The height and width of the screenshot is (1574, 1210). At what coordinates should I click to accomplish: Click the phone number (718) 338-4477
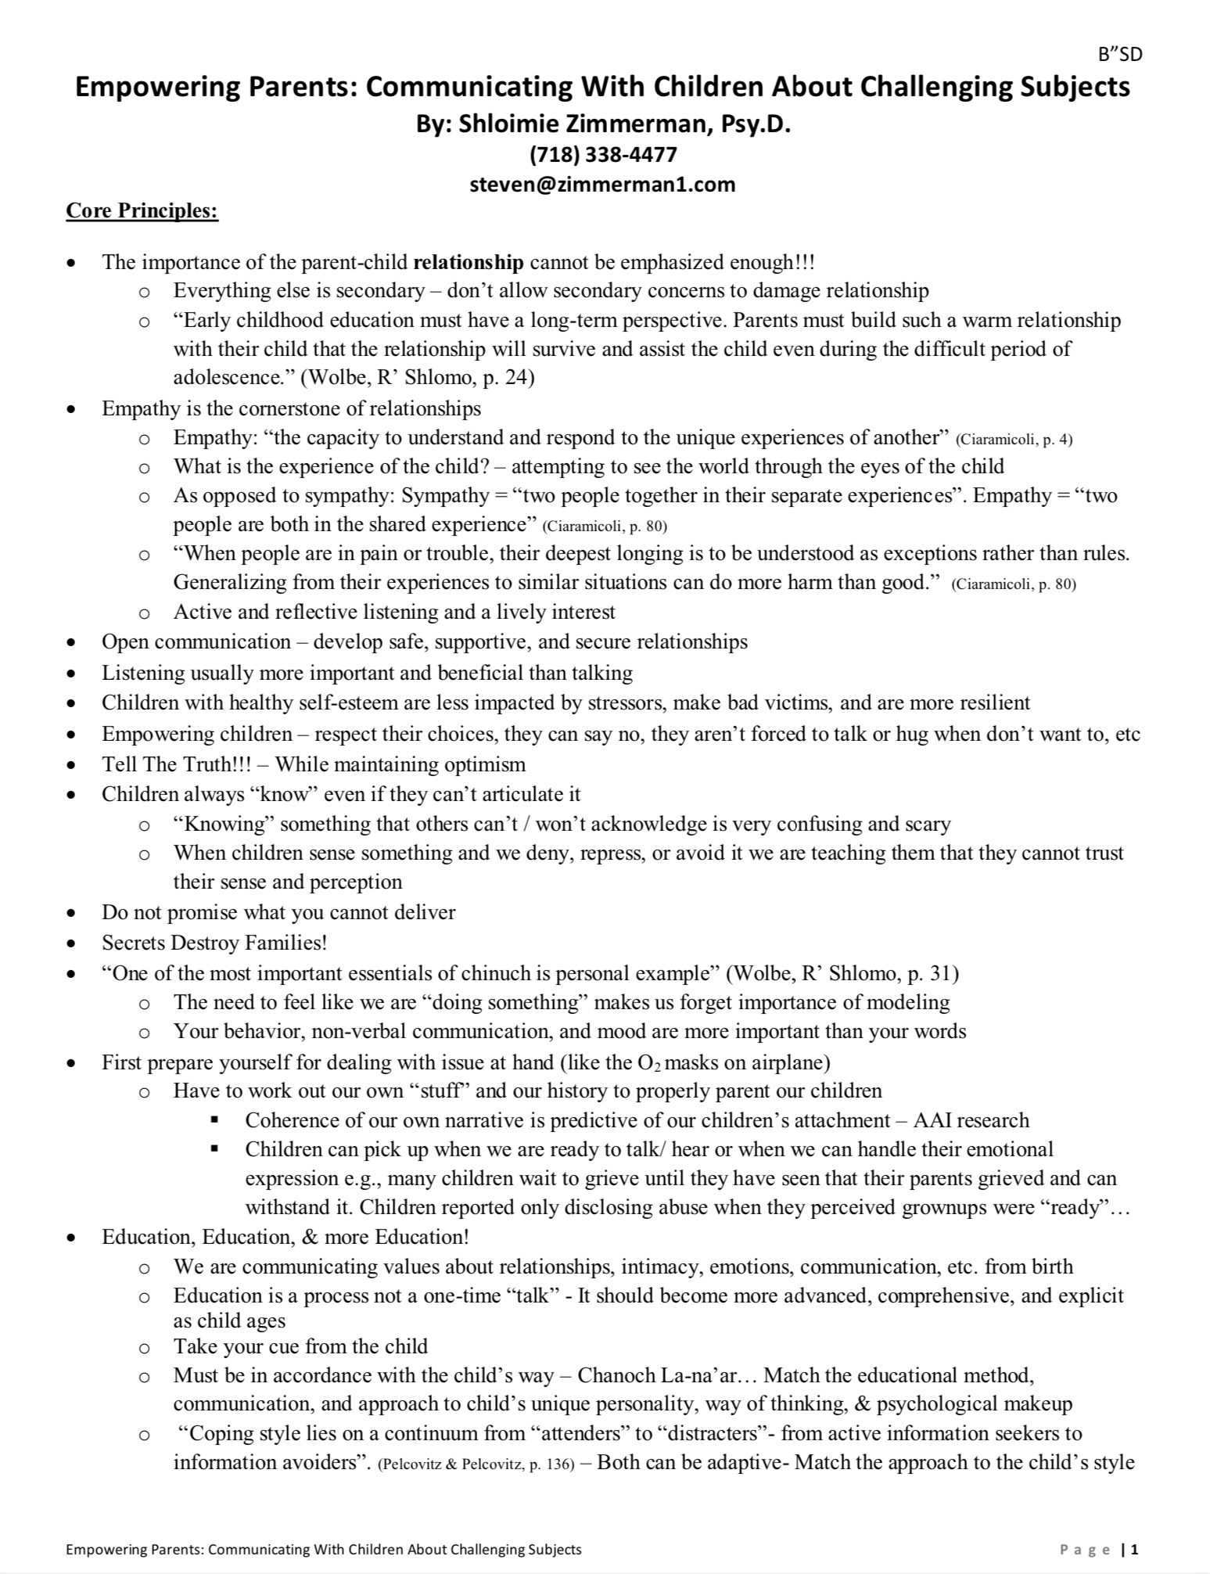click(603, 154)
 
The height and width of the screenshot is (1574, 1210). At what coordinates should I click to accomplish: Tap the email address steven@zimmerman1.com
click(602, 185)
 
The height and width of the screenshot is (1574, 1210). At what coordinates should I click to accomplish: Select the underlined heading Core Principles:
click(142, 211)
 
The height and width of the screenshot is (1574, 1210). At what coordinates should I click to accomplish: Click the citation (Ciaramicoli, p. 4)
click(1014, 439)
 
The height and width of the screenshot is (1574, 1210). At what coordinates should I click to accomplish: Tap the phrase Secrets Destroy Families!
click(214, 943)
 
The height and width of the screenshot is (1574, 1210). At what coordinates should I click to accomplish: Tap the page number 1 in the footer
click(1135, 1549)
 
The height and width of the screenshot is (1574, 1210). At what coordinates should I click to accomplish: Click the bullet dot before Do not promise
click(72, 913)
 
